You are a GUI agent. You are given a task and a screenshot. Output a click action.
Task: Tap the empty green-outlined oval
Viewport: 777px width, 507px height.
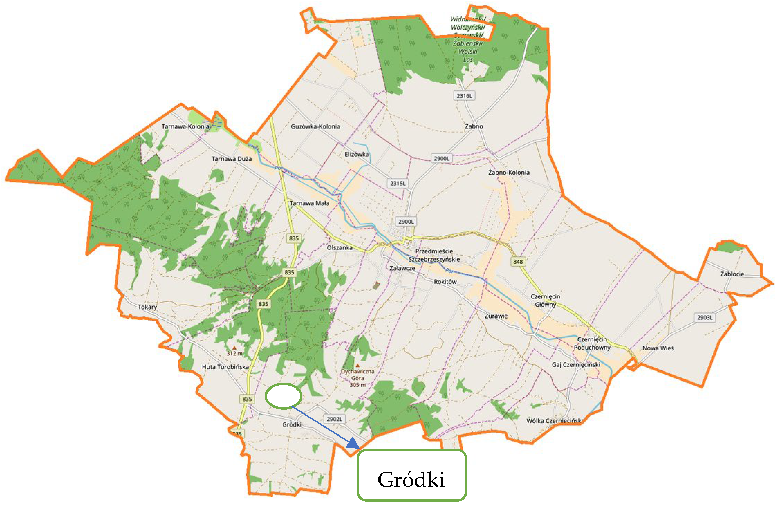283,396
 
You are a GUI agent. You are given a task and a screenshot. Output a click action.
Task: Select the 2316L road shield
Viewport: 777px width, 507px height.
464,96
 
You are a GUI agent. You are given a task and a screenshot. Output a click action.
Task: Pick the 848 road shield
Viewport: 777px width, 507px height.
518,261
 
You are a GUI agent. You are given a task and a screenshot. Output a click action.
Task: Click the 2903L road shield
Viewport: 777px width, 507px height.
704,317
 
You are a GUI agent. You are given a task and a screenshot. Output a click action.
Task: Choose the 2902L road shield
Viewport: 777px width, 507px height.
334,419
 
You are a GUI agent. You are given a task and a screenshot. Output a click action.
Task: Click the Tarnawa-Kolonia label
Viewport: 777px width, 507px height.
185,126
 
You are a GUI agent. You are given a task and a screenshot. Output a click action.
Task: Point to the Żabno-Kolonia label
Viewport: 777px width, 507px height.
509,172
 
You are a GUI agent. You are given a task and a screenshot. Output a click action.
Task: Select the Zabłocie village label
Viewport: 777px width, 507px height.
732,274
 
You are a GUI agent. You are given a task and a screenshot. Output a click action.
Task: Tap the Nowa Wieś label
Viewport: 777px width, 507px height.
658,348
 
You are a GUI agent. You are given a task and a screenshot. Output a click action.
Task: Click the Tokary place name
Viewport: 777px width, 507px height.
147,307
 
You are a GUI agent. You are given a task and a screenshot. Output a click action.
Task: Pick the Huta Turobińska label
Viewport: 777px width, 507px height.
225,367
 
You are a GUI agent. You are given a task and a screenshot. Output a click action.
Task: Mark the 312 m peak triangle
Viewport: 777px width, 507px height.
234,348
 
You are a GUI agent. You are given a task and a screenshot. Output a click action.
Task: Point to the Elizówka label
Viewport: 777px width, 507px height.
357,154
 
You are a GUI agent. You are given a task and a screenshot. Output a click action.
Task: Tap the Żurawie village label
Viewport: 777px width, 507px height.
496,316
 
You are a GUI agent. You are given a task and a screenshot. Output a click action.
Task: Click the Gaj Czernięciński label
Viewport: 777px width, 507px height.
576,364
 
